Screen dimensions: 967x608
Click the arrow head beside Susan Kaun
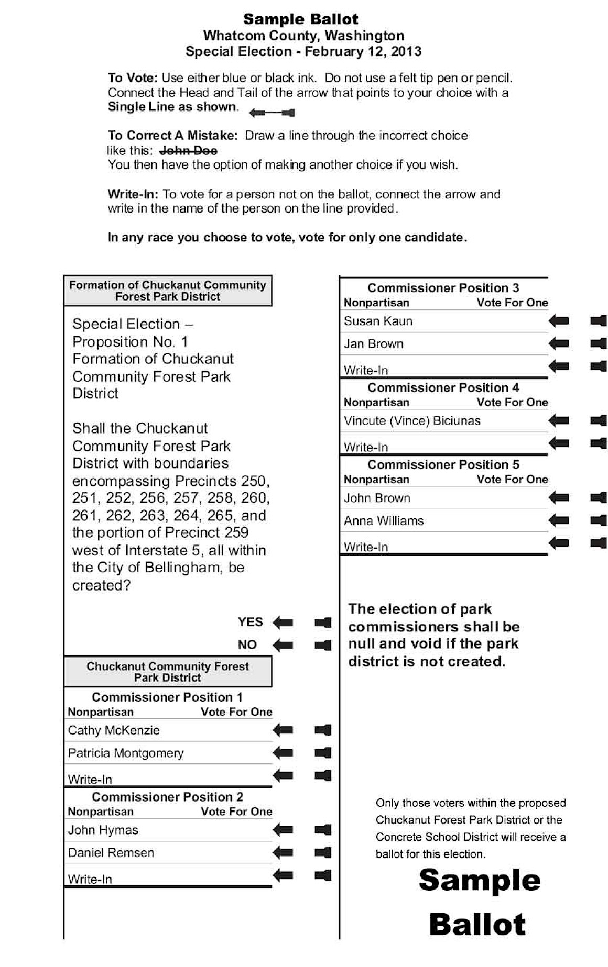559,320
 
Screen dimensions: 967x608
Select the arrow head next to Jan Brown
559,343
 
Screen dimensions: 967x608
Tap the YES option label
250,622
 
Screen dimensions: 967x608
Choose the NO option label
247,644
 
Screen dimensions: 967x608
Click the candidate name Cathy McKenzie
114,730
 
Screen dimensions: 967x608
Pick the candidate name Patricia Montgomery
126,753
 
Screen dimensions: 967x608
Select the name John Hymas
103,830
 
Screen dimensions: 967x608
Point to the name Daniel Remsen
111,853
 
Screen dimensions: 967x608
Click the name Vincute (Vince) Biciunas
412,421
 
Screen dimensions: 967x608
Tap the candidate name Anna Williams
384,521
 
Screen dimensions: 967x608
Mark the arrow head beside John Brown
559,497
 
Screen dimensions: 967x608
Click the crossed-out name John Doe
188,151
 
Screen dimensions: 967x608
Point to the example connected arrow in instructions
272,113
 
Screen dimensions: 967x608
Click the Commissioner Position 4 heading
443,388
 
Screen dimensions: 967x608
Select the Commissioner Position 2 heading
168,797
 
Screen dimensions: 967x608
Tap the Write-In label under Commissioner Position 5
366,547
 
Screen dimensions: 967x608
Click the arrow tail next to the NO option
323,645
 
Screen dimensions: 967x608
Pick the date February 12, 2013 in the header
363,52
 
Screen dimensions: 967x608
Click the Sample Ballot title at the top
300,19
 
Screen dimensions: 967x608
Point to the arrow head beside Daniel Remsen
283,852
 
